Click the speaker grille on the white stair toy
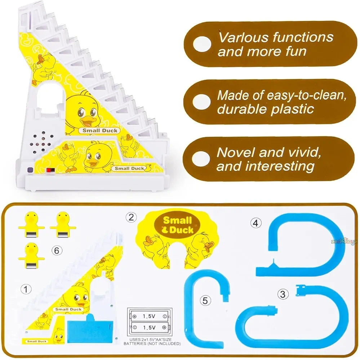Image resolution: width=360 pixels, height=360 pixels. pyautogui.click(x=43, y=142)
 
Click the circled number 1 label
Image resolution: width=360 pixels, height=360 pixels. pyautogui.click(x=25, y=289)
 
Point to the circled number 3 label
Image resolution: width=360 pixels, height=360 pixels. pyautogui.click(x=283, y=294)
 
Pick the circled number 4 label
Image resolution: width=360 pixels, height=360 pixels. pyautogui.click(x=255, y=223)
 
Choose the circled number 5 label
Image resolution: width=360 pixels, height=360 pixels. pyautogui.click(x=205, y=300)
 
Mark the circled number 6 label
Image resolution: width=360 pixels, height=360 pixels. pyautogui.click(x=56, y=250)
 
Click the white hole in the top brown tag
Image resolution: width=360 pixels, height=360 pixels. pyautogui.click(x=202, y=44)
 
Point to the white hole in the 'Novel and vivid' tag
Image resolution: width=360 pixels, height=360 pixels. pyautogui.click(x=201, y=159)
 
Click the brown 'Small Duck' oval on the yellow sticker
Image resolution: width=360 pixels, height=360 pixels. pyautogui.click(x=177, y=225)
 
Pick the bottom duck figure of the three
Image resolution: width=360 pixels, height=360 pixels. pyautogui.click(x=32, y=256)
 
